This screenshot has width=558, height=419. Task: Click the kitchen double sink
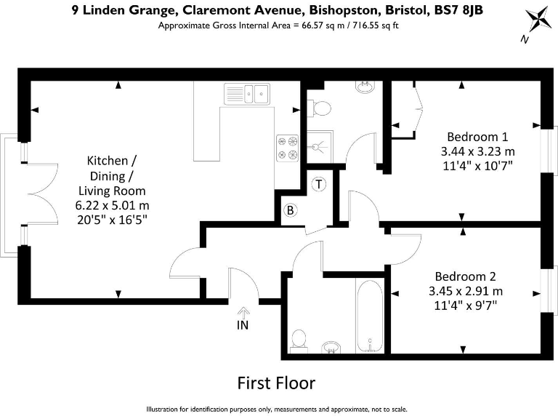247,93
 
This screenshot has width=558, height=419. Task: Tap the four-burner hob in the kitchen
286,148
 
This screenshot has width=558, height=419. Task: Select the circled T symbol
318,185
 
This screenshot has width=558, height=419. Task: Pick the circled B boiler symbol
291,211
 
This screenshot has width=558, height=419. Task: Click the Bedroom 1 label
477,137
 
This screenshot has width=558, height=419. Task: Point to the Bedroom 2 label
465,276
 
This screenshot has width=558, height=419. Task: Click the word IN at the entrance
242,325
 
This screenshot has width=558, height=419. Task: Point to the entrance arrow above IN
242,311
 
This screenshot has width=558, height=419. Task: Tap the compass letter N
524,41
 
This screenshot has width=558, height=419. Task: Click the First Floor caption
277,383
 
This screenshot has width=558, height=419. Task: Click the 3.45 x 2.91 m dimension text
466,291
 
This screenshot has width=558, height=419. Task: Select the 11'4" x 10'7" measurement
477,165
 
